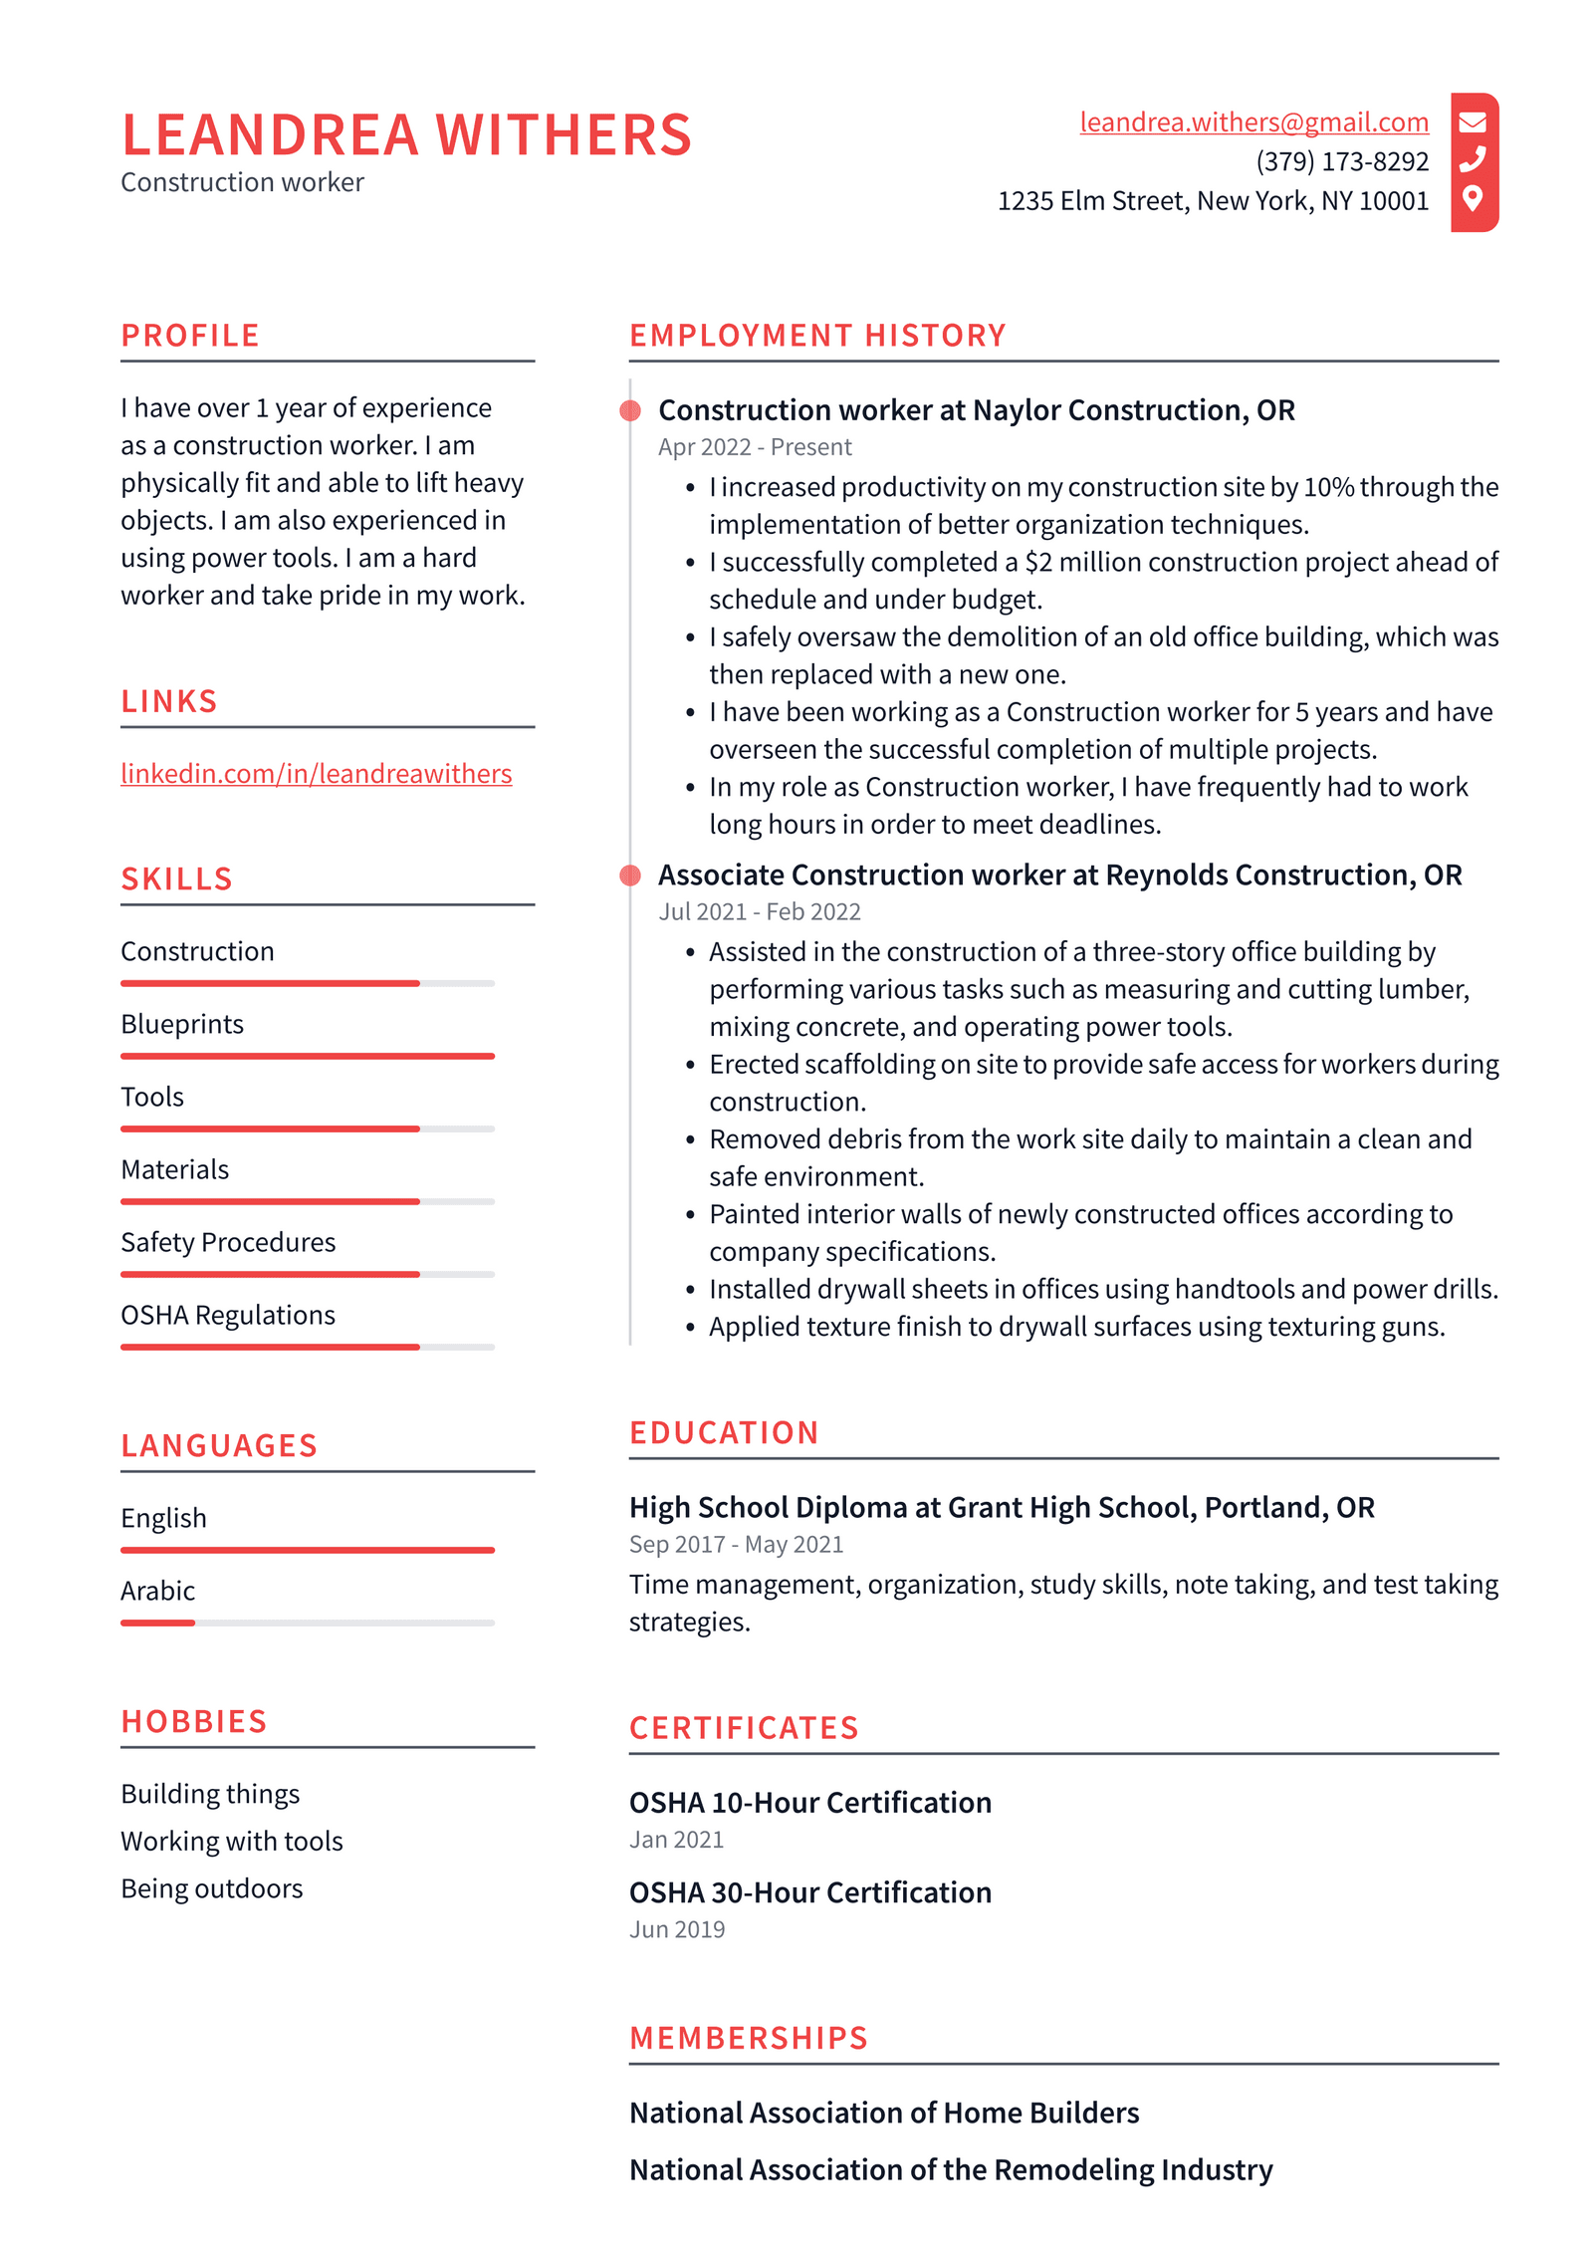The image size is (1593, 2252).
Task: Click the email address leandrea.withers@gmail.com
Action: click(x=1252, y=122)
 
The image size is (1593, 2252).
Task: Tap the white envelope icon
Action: click(x=1472, y=123)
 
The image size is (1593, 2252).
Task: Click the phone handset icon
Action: click(x=1472, y=160)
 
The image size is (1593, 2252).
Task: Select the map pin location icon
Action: click(x=1472, y=198)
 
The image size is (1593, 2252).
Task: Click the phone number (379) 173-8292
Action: click(x=1341, y=161)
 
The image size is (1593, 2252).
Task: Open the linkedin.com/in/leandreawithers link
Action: click(x=316, y=773)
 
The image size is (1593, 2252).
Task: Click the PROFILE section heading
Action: click(x=190, y=336)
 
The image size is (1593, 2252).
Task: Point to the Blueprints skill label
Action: click(x=182, y=1024)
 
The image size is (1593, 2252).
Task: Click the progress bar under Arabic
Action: click(x=307, y=1623)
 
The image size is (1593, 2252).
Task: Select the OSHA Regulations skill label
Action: click(x=228, y=1315)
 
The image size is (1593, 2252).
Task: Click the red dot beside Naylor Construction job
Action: click(x=630, y=410)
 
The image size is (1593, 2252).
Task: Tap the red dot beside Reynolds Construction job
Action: click(x=630, y=876)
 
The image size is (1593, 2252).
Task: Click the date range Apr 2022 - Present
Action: click(x=754, y=447)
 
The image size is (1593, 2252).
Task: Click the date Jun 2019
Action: click(x=676, y=1929)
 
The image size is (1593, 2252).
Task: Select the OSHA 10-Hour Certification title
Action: click(x=809, y=1803)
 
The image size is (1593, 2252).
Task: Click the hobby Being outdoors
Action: click(x=211, y=1888)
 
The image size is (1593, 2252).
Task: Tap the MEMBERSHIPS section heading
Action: click(x=749, y=2038)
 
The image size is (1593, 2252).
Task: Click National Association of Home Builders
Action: click(x=883, y=2113)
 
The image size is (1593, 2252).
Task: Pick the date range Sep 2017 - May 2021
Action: click(x=736, y=1544)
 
